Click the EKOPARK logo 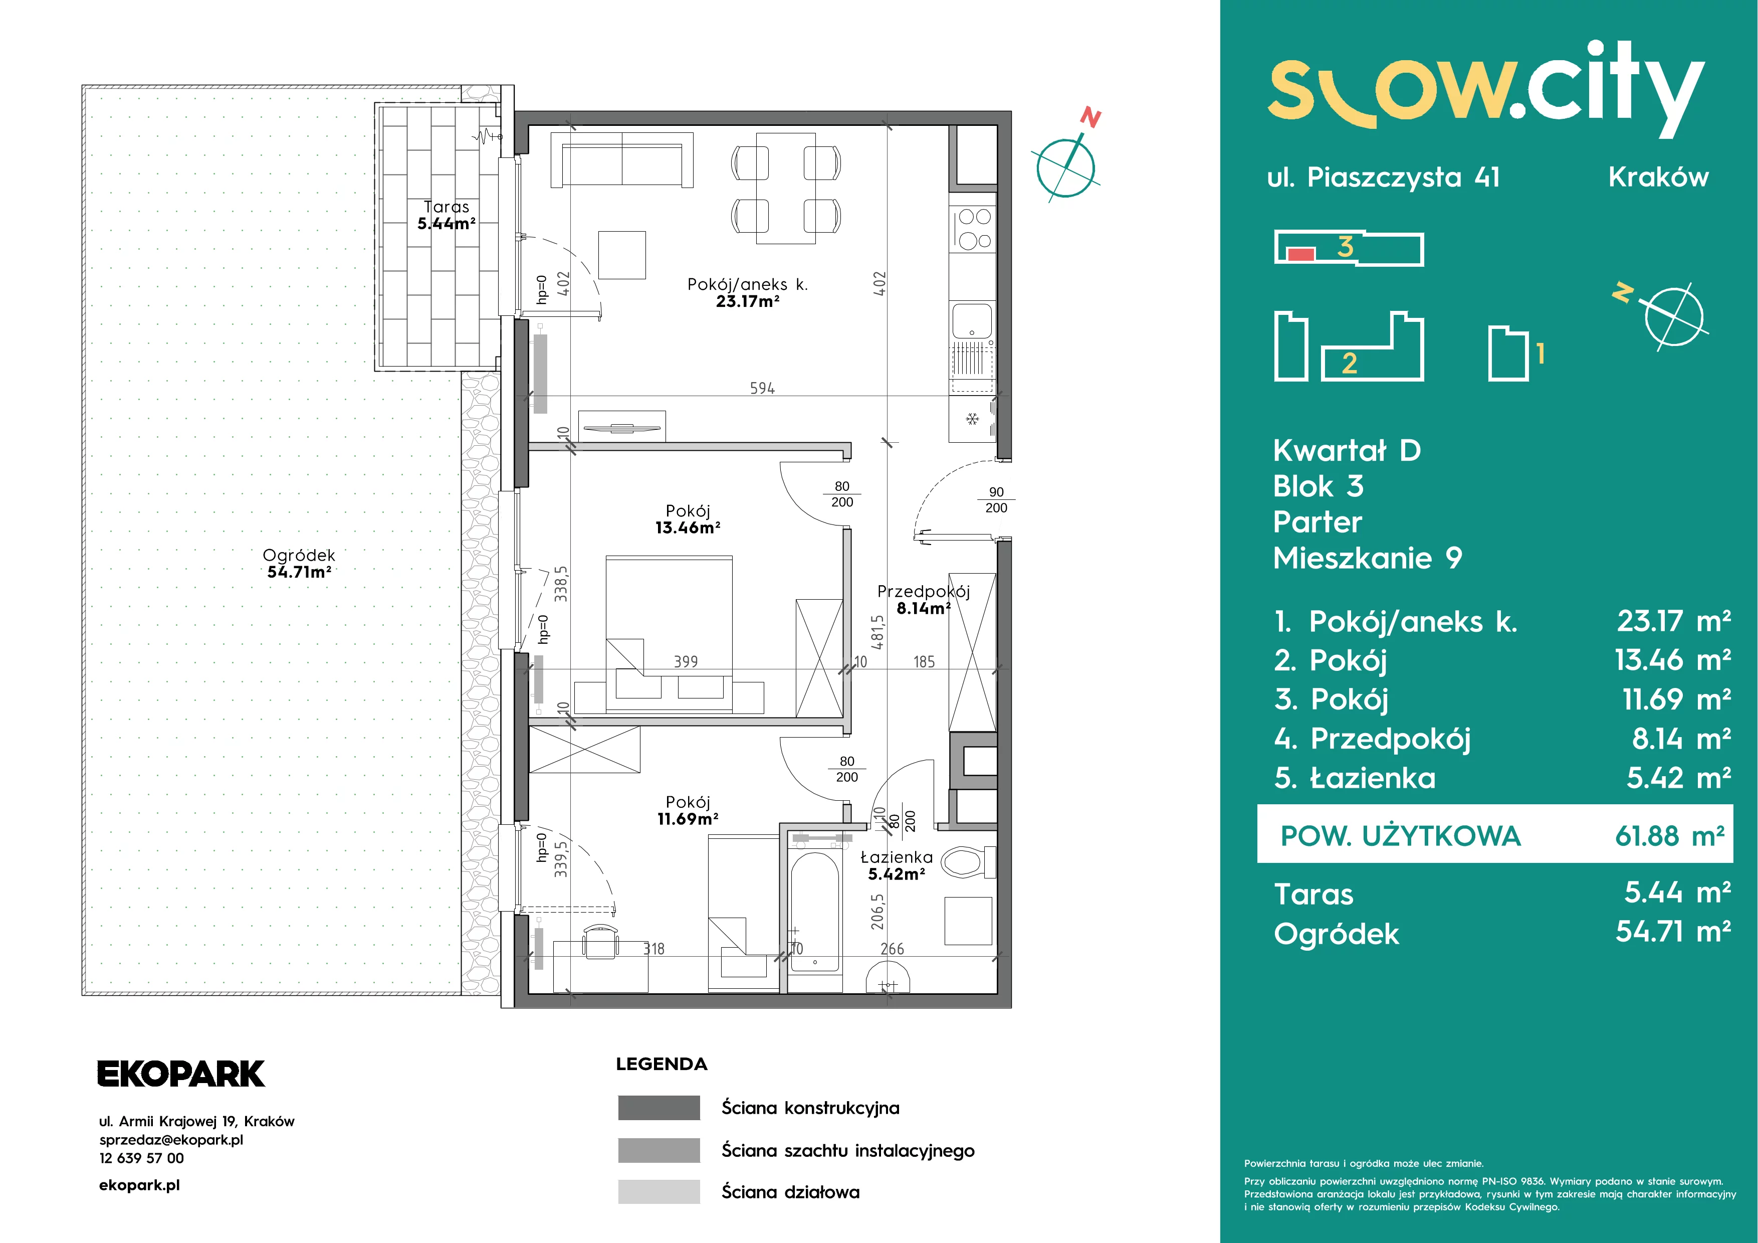[x=181, y=1074]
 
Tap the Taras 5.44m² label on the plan [x=447, y=215]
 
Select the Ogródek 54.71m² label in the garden [x=299, y=563]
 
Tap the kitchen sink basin [x=972, y=320]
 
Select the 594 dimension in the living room [x=762, y=388]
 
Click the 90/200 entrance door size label [x=996, y=500]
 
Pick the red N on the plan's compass [x=1090, y=118]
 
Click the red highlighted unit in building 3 [x=1301, y=254]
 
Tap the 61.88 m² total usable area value [x=1669, y=835]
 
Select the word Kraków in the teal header [x=1658, y=177]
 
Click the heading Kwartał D [x=1347, y=450]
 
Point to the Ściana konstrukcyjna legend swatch [x=658, y=1108]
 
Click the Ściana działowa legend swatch [x=658, y=1192]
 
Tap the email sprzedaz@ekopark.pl [x=171, y=1140]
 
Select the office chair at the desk [x=600, y=941]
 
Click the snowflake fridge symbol [x=972, y=419]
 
